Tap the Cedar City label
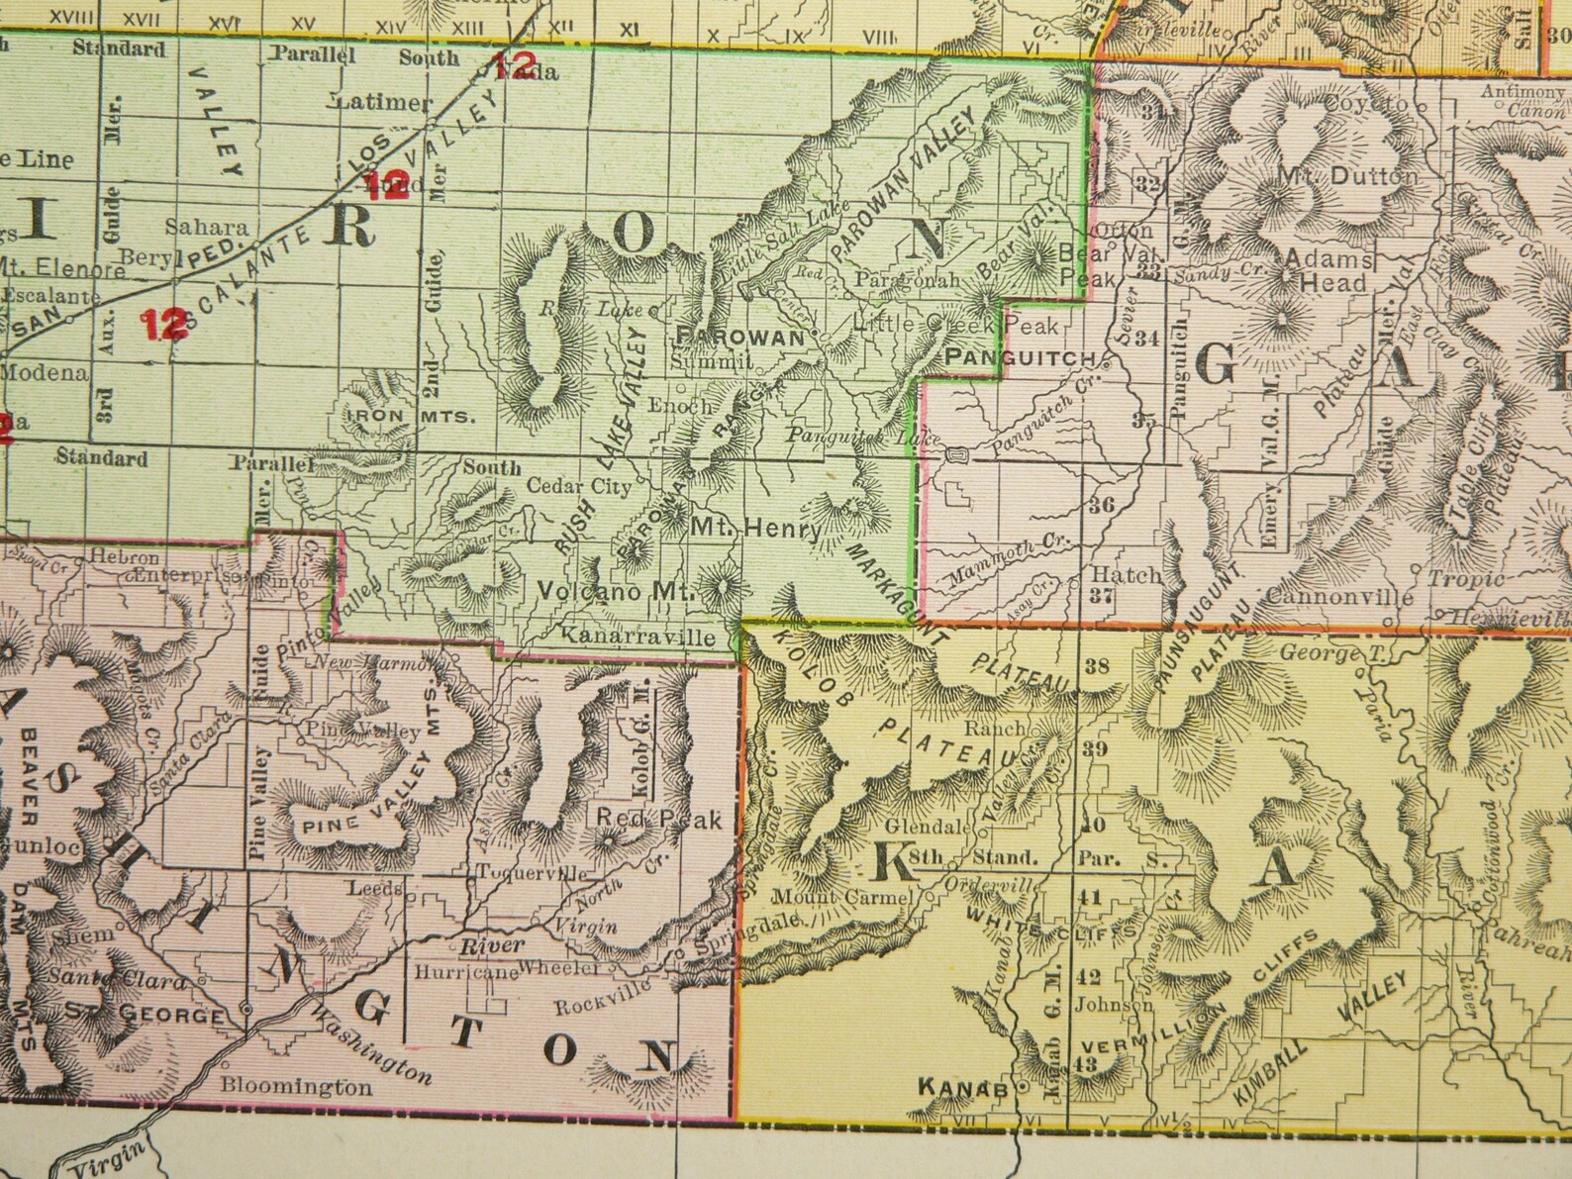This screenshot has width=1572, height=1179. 578,486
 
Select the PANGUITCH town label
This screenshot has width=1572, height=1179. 1020,357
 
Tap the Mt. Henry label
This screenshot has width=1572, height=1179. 755,529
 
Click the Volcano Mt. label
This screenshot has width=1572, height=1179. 617,590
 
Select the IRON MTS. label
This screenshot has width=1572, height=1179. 410,417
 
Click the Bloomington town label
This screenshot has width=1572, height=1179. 296,1086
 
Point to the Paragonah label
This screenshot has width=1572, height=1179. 908,281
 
